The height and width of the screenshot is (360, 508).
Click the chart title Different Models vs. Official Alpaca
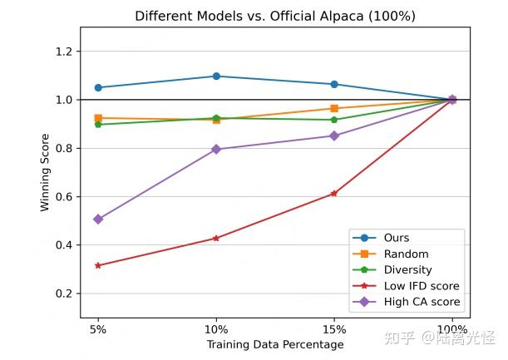(x=274, y=16)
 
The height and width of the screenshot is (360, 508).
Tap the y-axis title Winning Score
(x=45, y=172)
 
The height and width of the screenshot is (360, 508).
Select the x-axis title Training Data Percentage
(x=274, y=344)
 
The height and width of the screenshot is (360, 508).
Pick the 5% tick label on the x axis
(x=98, y=328)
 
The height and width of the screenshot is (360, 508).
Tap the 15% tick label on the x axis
(x=334, y=328)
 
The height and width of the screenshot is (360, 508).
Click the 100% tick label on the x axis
(x=452, y=328)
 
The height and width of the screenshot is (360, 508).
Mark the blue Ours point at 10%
(x=216, y=76)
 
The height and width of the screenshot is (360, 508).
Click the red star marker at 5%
(x=98, y=265)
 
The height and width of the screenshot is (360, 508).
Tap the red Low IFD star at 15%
(x=334, y=193)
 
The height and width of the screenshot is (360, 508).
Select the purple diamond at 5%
(x=98, y=219)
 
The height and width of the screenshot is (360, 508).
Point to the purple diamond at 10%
(x=216, y=149)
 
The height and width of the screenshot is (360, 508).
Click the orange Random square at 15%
(x=334, y=108)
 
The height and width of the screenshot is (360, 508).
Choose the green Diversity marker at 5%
(x=98, y=124)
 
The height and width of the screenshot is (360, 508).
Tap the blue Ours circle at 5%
(x=98, y=87)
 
